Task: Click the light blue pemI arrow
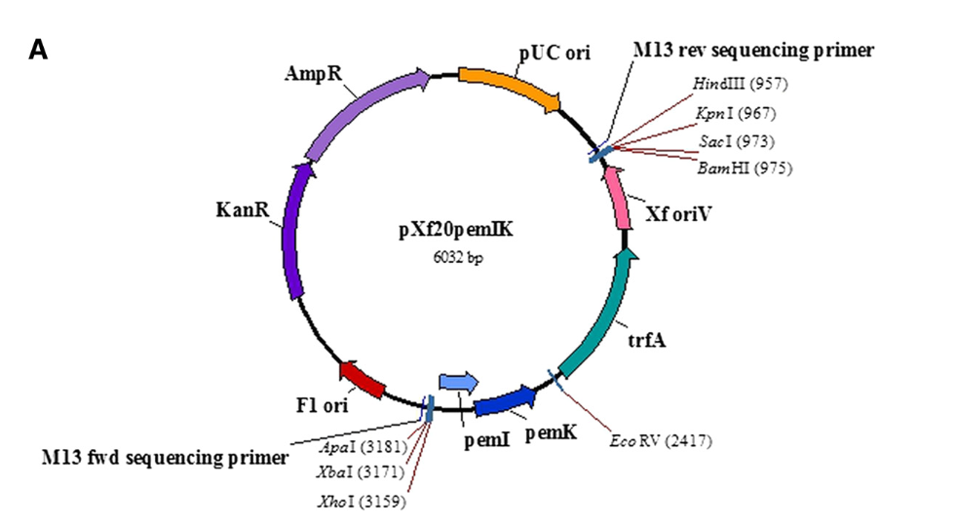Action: pos(459,382)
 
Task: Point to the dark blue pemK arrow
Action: pos(504,400)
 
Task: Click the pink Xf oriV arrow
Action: pos(618,198)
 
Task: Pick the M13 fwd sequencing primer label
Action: pos(165,457)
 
